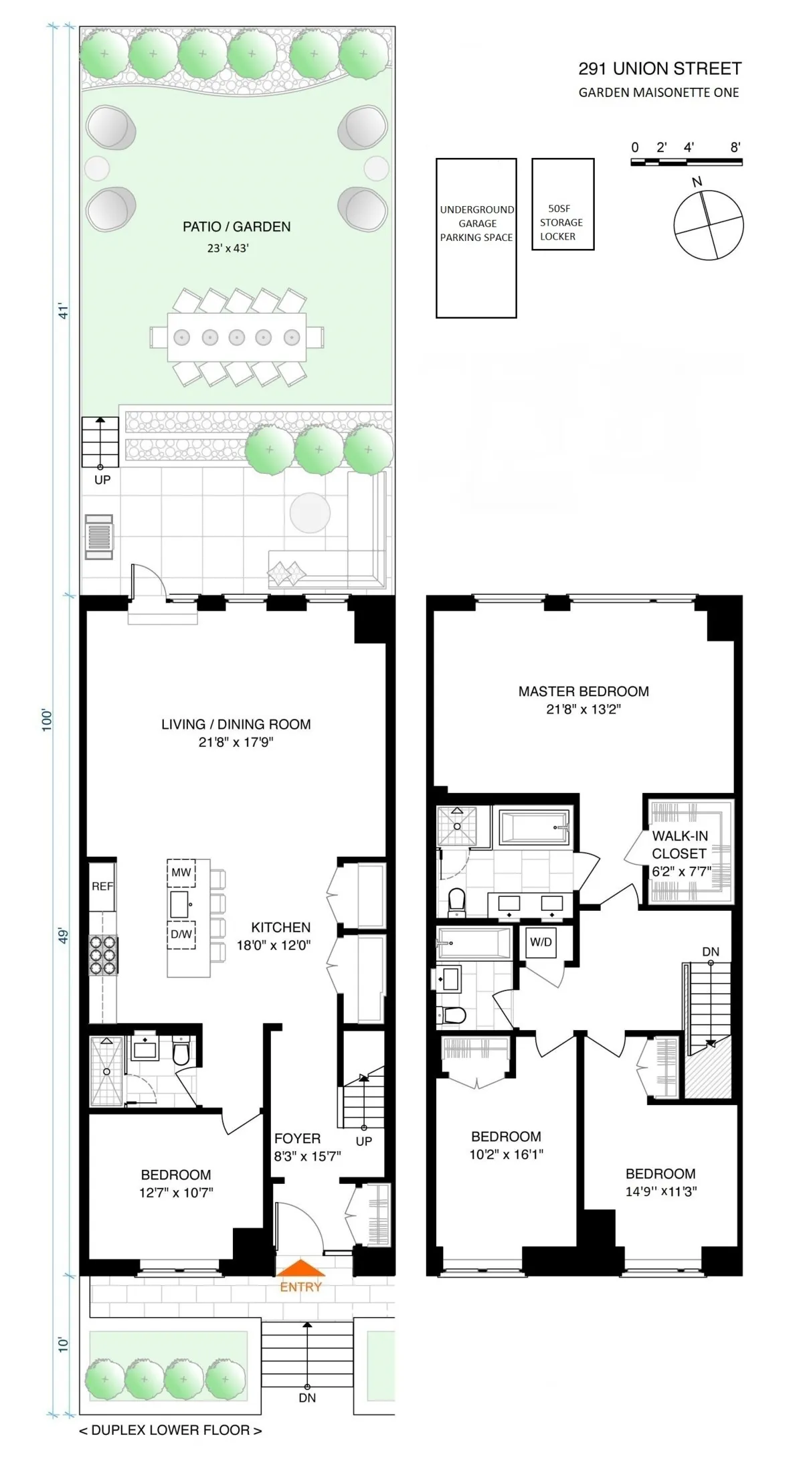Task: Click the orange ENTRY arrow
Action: pyautogui.click(x=300, y=1268)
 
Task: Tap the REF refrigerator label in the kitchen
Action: pyautogui.click(x=102, y=886)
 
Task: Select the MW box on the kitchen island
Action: pyautogui.click(x=181, y=873)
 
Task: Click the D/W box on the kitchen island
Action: pyautogui.click(x=181, y=934)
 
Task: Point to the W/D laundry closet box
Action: pyautogui.click(x=541, y=942)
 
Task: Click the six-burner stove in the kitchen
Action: pyautogui.click(x=104, y=954)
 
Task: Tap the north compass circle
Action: pyautogui.click(x=708, y=224)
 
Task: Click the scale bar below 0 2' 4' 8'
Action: pyautogui.click(x=686, y=162)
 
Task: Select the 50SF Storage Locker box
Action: pyautogui.click(x=563, y=204)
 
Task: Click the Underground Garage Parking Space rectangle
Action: pyautogui.click(x=476, y=238)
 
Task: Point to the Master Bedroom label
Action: pyautogui.click(x=584, y=691)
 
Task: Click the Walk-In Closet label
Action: pyautogui.click(x=679, y=845)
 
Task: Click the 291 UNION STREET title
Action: pyautogui.click(x=660, y=69)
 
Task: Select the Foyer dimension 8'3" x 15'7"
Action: pyautogui.click(x=307, y=1156)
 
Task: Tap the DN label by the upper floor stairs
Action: pyautogui.click(x=711, y=952)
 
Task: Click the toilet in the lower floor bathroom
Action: pyautogui.click(x=181, y=1052)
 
